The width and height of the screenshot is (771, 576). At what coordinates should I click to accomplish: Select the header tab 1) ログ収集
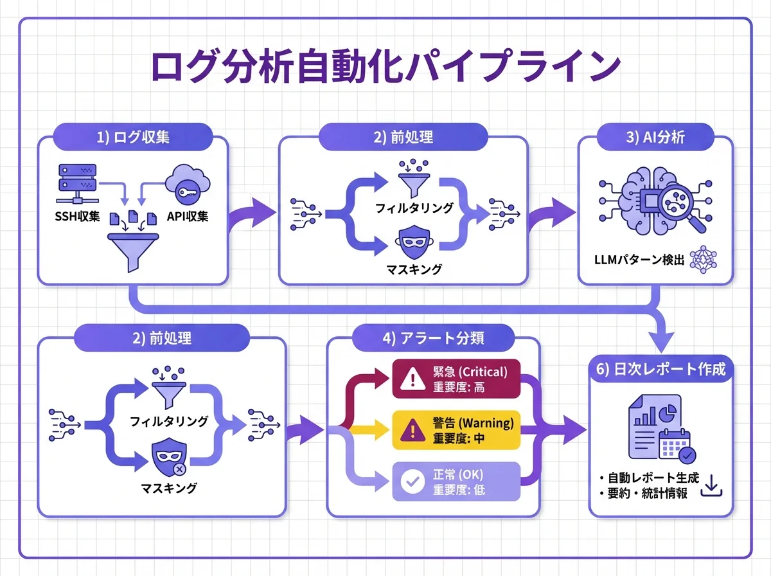132,137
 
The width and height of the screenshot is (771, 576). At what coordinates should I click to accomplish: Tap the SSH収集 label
77,216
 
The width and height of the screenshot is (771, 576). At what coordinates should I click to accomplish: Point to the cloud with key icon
186,186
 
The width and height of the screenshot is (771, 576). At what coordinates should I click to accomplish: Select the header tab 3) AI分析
655,137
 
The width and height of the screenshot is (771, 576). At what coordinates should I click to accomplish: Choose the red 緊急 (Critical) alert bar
456,379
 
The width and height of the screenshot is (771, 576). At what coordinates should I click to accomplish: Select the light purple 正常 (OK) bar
456,482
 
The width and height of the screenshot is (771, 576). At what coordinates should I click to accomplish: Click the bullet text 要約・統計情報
643,494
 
